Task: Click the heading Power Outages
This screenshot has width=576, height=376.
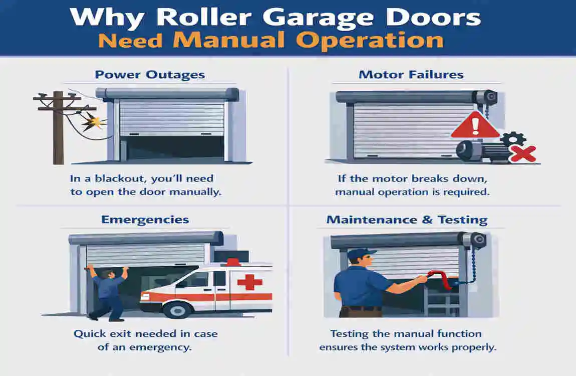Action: click(150, 75)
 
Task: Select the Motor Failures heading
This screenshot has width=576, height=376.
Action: click(411, 75)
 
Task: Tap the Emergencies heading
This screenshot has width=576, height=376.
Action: click(145, 220)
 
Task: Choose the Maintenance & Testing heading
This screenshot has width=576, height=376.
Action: click(407, 220)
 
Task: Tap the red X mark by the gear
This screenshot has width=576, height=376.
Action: click(522, 153)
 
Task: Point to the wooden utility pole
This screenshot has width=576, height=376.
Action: click(58, 127)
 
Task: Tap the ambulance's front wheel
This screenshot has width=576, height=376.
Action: click(178, 310)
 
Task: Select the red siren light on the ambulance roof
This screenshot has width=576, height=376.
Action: click(232, 262)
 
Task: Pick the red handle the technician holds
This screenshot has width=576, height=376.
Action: click(439, 278)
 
